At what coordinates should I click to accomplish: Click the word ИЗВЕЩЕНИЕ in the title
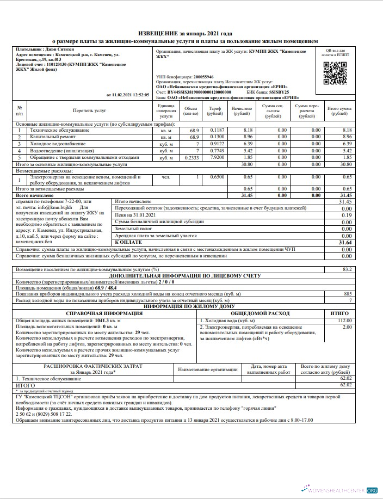pos(159,34)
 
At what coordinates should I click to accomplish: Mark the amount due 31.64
pos(345,242)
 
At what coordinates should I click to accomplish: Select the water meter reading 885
pos(348,293)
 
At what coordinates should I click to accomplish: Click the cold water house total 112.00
pos(345,321)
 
